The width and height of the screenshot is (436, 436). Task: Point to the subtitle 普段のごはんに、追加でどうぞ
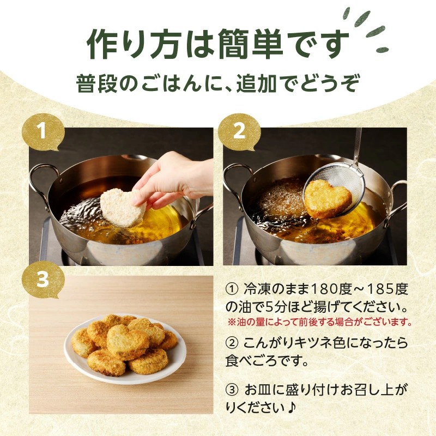tap(218, 86)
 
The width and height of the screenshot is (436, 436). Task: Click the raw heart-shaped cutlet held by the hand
tap(123, 207)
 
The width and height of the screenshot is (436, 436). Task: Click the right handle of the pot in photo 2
tap(397, 199)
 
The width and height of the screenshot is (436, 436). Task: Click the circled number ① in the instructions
tap(231, 288)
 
